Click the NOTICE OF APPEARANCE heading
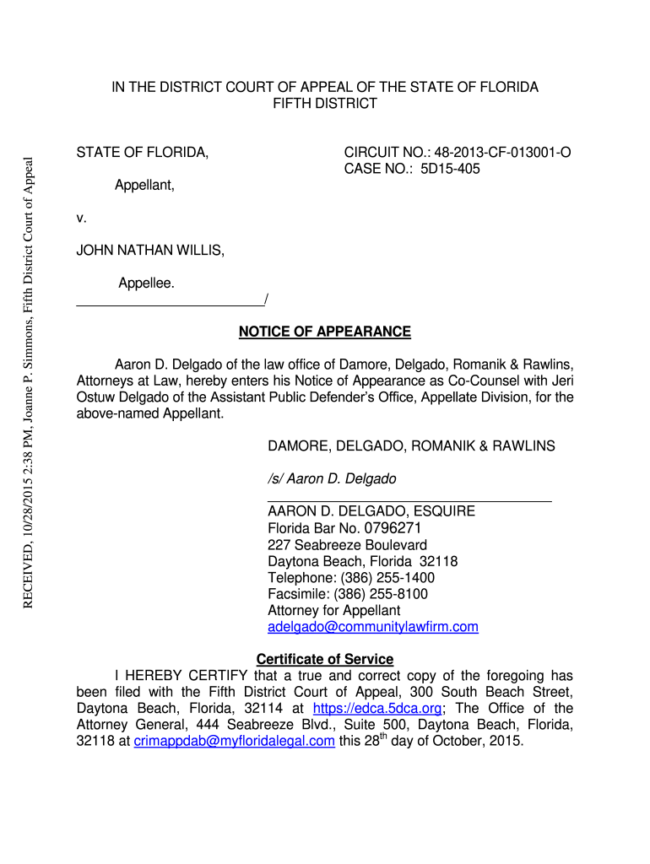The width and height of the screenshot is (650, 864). (x=325, y=332)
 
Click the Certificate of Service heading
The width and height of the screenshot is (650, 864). (x=325, y=659)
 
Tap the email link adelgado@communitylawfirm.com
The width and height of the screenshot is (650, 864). (x=372, y=627)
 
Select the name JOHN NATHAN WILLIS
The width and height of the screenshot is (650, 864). (x=150, y=251)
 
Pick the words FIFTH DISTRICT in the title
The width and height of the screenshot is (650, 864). (x=325, y=104)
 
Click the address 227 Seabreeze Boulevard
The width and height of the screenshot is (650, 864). (x=347, y=545)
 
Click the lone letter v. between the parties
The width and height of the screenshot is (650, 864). (x=82, y=218)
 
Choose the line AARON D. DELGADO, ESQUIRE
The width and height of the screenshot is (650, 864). (x=371, y=511)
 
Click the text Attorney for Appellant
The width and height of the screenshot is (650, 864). (x=333, y=610)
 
